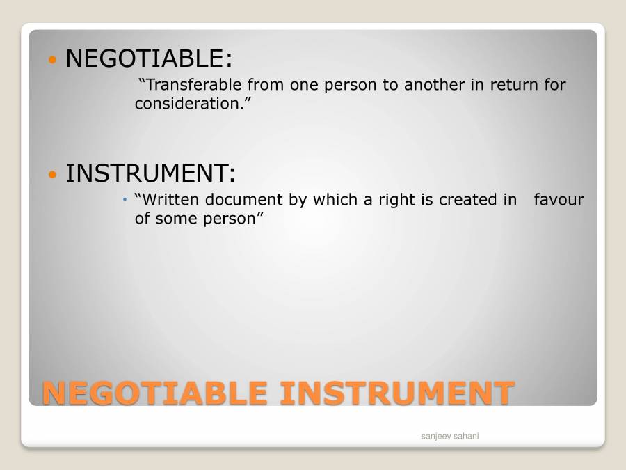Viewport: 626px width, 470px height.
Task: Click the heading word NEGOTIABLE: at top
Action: (x=148, y=58)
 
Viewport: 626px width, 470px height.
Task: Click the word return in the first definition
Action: (x=515, y=85)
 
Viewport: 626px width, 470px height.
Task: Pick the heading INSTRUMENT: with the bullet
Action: (x=150, y=173)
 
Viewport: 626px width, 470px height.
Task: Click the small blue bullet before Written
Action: (x=125, y=200)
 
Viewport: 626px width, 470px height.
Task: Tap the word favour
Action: (x=559, y=200)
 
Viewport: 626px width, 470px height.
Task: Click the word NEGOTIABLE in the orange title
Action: (x=154, y=393)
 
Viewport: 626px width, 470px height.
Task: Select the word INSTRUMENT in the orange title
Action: (x=396, y=393)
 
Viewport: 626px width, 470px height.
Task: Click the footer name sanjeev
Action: (x=436, y=436)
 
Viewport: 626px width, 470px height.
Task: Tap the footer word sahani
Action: (x=466, y=436)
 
